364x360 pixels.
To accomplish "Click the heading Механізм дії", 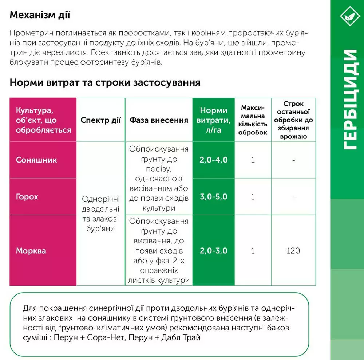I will [x=40, y=15].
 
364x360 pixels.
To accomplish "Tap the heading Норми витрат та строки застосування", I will [x=105, y=82].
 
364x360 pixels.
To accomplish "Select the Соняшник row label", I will [x=36, y=160].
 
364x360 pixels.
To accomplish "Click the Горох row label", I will [x=27, y=197].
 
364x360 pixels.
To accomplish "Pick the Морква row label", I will [x=31, y=251].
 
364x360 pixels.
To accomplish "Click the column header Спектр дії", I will [x=100, y=120].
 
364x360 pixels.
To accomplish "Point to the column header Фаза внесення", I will [x=159, y=120].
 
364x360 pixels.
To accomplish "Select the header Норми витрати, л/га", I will [x=214, y=120].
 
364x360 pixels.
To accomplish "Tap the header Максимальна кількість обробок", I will [x=253, y=120].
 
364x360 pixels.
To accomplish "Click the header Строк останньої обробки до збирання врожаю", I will [x=293, y=120].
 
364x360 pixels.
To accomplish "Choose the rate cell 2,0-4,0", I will [x=214, y=160].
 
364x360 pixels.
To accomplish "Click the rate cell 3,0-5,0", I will [x=214, y=197].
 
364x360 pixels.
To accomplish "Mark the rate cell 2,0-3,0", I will [x=214, y=251].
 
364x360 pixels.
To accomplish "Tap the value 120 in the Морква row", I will [x=293, y=251].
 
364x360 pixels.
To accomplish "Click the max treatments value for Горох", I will [x=253, y=197].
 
